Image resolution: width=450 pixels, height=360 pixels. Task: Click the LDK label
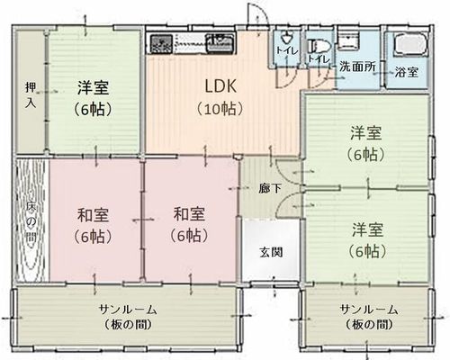[x=220, y=86]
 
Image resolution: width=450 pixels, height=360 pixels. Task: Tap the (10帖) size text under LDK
[x=220, y=109]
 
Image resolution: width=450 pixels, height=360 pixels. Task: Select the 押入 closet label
[x=31, y=95]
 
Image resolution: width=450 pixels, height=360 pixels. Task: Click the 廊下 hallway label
[x=270, y=188]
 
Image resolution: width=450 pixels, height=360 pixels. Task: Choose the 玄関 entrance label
[x=271, y=252]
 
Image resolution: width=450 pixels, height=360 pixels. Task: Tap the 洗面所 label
[x=357, y=67]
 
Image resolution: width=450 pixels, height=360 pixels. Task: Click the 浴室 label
[x=407, y=72]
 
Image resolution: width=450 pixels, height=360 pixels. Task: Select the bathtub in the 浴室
[x=409, y=44]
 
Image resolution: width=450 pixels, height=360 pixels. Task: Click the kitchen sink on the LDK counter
[x=220, y=42]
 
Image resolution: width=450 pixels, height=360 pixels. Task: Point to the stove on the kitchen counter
[x=161, y=44]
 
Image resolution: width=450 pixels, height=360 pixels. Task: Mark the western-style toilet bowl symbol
[x=319, y=47]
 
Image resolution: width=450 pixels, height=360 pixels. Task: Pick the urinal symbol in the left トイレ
[x=286, y=37]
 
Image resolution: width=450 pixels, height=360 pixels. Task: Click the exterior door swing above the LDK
[x=256, y=15]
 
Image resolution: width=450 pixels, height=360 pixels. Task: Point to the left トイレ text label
[x=287, y=50]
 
